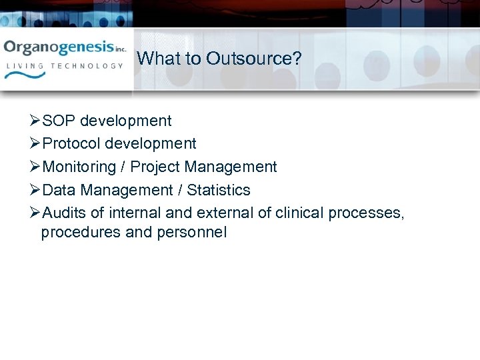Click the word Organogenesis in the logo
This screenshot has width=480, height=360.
59,48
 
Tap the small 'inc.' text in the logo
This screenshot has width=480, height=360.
121,49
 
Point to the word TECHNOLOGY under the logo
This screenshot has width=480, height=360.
90,66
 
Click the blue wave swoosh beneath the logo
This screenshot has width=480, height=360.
25,77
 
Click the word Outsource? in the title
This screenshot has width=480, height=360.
254,59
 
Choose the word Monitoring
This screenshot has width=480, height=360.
79,167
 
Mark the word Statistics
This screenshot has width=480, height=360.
219,190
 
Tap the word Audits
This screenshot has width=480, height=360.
64,213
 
